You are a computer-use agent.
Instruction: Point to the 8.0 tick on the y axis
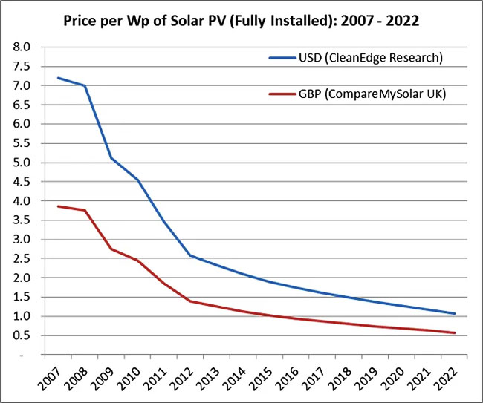point(22,47)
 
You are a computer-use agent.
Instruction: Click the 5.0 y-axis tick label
point(22,163)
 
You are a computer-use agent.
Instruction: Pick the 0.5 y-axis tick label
point(22,335)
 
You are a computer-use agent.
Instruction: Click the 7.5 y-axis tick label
point(22,66)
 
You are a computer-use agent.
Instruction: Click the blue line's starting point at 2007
point(58,77)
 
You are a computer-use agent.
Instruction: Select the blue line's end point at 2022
point(455,313)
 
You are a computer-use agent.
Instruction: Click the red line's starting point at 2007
point(58,206)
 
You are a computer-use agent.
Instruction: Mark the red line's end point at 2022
point(455,332)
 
